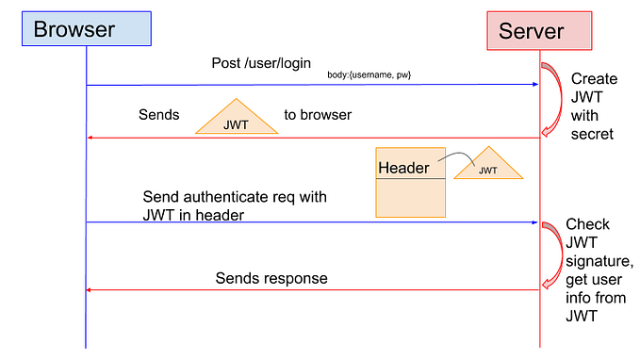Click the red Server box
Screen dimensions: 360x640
539,30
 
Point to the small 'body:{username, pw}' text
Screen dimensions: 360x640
370,74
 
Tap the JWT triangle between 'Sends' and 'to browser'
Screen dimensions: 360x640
236,119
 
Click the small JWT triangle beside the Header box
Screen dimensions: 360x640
487,166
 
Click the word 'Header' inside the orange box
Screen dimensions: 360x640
403,169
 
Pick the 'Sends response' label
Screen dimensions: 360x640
271,278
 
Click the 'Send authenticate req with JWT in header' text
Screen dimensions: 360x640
234,205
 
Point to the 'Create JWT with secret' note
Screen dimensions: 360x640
594,106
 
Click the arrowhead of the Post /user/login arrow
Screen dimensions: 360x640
533,85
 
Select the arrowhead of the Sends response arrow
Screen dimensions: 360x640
91,289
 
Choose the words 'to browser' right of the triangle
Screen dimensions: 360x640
318,116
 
